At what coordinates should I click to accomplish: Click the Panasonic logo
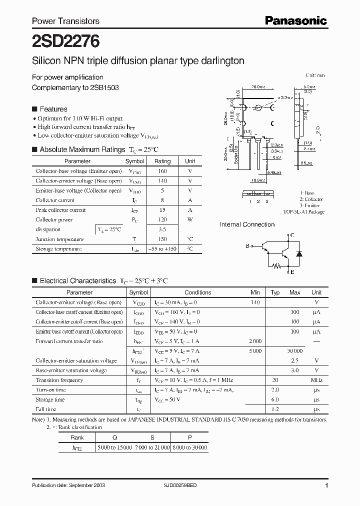(x=295, y=20)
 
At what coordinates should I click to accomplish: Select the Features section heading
(x=53, y=109)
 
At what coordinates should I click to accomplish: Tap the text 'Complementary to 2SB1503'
(x=75, y=87)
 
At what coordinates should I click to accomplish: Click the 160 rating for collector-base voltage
(x=162, y=171)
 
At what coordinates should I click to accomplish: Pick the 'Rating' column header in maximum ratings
(x=162, y=161)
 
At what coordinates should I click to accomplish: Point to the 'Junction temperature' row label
(x=59, y=239)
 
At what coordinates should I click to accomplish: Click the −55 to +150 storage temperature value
(x=162, y=248)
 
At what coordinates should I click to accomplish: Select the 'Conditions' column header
(x=197, y=292)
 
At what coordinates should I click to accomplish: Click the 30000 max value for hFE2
(x=295, y=351)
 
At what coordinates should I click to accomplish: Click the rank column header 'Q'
(x=114, y=436)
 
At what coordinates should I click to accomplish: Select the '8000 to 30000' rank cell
(x=189, y=447)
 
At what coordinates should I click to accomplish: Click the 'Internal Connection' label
(x=247, y=224)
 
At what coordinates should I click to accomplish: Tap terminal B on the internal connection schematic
(x=247, y=246)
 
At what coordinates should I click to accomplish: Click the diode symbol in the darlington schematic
(x=299, y=253)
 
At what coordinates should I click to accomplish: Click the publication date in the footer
(x=68, y=485)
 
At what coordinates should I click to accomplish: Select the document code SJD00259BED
(x=198, y=485)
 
